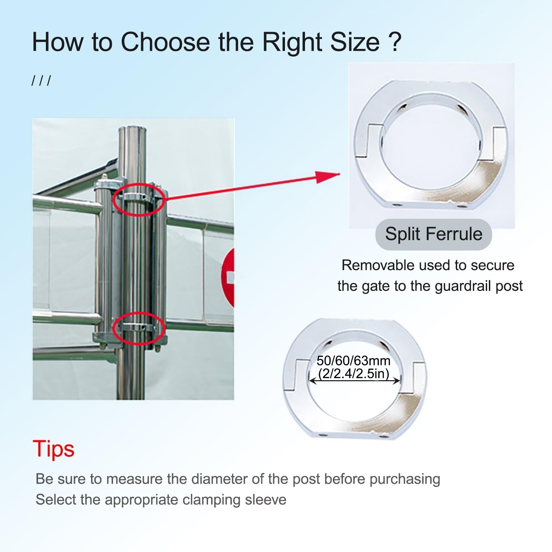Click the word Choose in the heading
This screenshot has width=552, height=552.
165,42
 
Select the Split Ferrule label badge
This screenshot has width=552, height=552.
433,234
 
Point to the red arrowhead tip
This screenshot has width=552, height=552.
340,174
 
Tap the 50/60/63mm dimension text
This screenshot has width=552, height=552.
354,361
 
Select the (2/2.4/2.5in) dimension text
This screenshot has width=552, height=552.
354,374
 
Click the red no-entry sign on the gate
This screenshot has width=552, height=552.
229,278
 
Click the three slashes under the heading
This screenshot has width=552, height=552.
41,81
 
